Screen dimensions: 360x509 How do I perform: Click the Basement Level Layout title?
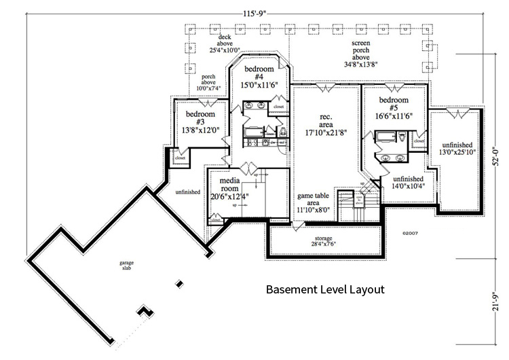click(x=325, y=289)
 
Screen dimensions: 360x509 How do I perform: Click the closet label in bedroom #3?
click(x=181, y=158)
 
